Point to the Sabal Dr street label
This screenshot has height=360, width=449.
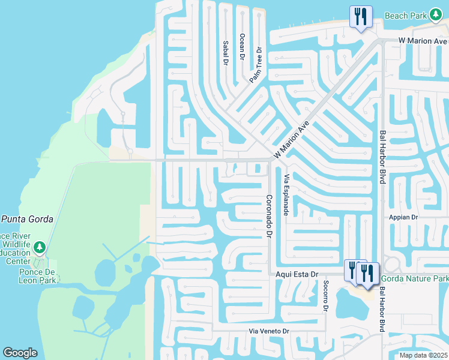(226, 53)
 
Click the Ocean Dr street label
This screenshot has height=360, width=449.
(243, 46)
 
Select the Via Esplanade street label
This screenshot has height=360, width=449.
(287, 195)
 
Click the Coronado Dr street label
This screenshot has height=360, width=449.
(270, 215)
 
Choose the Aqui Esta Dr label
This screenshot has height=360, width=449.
(297, 274)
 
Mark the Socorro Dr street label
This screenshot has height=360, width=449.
(325, 295)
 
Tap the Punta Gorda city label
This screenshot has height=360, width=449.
(27, 219)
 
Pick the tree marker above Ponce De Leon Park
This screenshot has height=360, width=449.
(40, 247)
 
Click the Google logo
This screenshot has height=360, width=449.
(20, 353)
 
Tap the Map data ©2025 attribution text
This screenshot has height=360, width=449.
(423, 355)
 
